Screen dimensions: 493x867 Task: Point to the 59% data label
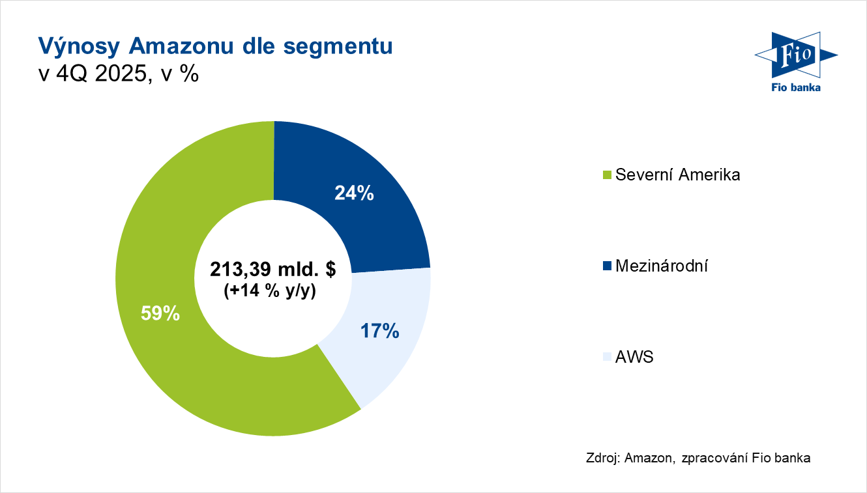tap(160, 313)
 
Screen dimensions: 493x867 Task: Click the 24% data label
tap(354, 193)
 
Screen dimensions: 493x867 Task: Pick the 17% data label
tap(379, 331)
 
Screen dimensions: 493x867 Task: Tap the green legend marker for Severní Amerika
tap(607, 175)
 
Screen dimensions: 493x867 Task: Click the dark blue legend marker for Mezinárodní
tap(607, 266)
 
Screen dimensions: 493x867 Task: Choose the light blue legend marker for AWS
tap(607, 357)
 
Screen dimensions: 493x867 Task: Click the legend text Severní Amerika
tap(677, 175)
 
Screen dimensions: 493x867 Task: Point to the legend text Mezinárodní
tap(662, 266)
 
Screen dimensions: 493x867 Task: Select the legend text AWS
tap(634, 357)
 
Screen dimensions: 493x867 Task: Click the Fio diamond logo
tap(796, 55)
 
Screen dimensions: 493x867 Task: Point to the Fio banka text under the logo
tap(796, 87)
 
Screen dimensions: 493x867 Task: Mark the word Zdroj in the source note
tap(602, 458)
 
